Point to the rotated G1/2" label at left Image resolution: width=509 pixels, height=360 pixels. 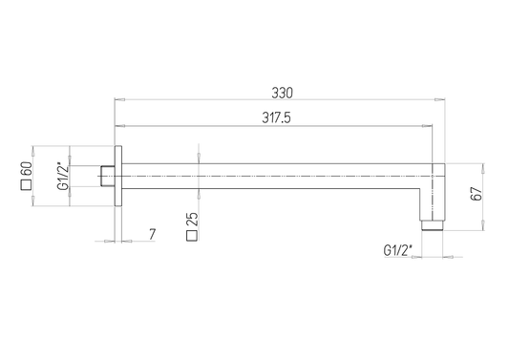62,177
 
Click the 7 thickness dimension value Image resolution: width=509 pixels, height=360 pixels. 152,234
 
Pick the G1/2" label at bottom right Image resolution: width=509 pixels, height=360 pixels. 397,250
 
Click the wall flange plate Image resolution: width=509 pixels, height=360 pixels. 118,177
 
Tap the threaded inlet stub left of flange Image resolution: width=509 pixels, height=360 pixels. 107,177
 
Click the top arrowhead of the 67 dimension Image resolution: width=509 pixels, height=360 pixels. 481,163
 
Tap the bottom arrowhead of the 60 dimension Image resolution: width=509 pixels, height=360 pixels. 35,205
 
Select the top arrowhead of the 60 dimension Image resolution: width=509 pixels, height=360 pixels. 35,148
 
